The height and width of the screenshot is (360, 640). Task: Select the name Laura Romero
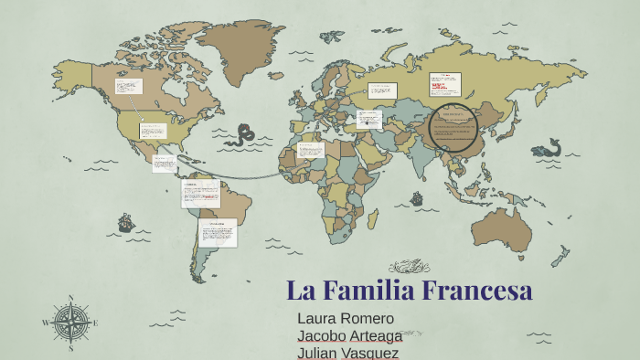point(346,318)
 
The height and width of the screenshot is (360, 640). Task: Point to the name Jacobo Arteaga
point(350,335)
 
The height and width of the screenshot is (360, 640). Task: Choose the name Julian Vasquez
point(348,352)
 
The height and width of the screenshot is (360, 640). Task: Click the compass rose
point(70,323)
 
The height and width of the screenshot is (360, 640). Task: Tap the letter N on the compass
point(70,297)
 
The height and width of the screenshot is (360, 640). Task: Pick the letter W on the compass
point(46,323)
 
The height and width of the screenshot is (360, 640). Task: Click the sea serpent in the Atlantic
point(243,136)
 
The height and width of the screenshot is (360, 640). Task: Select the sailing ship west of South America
point(126,222)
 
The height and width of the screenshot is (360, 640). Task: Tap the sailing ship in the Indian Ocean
point(417,198)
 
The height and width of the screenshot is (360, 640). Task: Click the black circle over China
point(453,128)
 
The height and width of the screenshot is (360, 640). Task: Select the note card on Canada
point(129,87)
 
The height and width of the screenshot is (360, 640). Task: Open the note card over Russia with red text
point(445,85)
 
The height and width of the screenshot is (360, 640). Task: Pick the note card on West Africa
point(311,150)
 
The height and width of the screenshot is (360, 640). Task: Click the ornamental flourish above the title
point(409,267)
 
